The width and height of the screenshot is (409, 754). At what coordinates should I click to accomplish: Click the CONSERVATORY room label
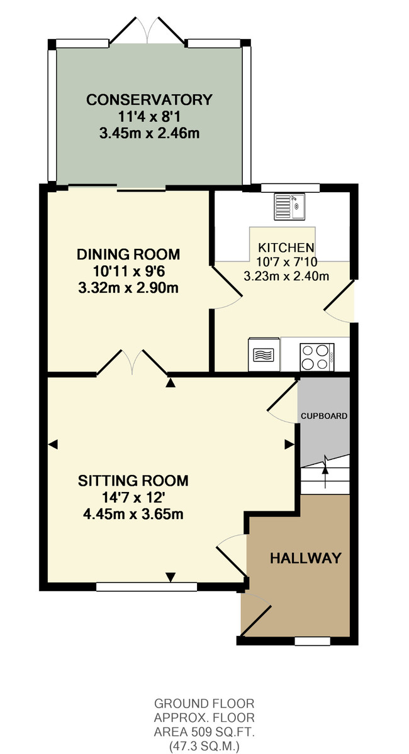click(x=149, y=100)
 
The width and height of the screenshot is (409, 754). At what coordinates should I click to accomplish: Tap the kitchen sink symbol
click(x=289, y=206)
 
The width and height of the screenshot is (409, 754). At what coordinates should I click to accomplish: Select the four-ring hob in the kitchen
click(x=317, y=357)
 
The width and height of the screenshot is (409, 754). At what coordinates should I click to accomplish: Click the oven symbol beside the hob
click(x=264, y=354)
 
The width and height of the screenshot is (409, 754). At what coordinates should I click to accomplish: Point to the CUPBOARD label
click(x=324, y=416)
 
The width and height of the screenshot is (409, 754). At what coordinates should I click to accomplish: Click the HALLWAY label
click(x=306, y=558)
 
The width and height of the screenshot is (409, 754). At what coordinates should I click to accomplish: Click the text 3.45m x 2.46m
click(x=149, y=134)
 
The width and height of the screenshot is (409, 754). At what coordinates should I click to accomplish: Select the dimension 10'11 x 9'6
click(x=128, y=271)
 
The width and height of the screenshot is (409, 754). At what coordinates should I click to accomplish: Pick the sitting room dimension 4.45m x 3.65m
click(x=133, y=515)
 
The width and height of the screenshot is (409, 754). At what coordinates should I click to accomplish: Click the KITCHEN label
click(x=286, y=248)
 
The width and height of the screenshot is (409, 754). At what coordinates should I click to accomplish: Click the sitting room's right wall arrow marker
click(x=289, y=444)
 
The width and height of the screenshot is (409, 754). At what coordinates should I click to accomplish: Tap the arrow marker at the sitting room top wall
click(x=171, y=383)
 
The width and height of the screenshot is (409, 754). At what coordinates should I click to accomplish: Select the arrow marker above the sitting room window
click(x=171, y=577)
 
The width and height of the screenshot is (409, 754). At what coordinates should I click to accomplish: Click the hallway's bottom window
click(x=312, y=642)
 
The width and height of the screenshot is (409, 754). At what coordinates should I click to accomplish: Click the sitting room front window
click(x=147, y=587)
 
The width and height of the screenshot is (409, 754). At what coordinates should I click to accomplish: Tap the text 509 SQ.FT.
click(x=219, y=731)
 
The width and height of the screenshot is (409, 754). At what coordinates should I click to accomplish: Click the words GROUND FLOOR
click(x=204, y=703)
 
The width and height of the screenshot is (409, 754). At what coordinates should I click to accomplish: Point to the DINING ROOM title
click(x=128, y=254)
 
